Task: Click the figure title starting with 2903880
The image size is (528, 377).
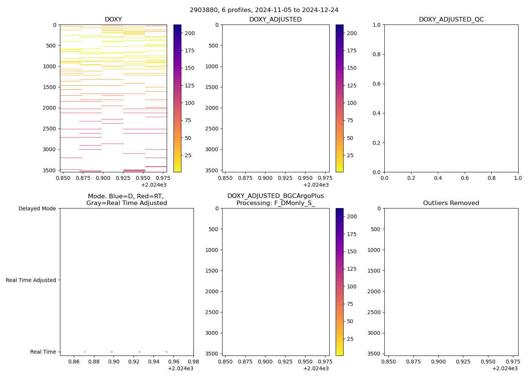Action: pos(264,10)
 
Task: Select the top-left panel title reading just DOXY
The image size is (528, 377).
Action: pos(113,20)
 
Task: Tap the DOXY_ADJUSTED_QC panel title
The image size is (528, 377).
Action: pos(451,20)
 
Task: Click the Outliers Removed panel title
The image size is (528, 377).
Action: pos(451,203)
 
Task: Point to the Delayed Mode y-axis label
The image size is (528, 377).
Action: pos(37,208)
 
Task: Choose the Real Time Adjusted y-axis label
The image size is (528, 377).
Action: pos(31,280)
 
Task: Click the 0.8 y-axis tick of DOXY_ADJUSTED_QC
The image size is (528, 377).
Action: pos(377,54)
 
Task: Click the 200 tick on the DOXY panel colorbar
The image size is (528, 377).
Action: pos(189,33)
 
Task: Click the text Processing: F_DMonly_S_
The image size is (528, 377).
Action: pos(275,203)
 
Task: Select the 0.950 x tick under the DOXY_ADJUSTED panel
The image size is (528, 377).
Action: pos(305,178)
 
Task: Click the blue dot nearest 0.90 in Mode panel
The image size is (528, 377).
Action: pos(112,352)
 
